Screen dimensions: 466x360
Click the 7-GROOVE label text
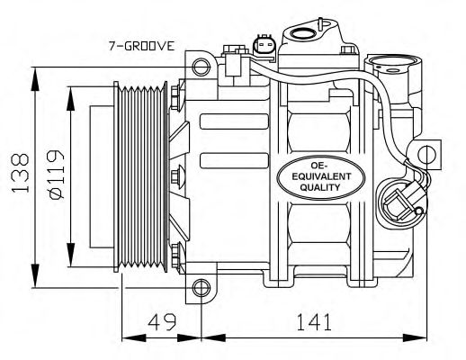pos(141,46)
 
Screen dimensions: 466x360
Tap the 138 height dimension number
pos(20,173)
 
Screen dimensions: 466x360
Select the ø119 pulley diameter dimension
pos(56,174)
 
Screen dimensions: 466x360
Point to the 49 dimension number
pos(162,321)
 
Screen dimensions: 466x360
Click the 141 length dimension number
pos(314,321)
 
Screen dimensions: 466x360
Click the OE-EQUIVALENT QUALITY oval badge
pos(320,177)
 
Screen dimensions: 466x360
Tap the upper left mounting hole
pos(201,67)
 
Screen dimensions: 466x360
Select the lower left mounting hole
pos(201,288)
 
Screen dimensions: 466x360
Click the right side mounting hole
pos(426,154)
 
